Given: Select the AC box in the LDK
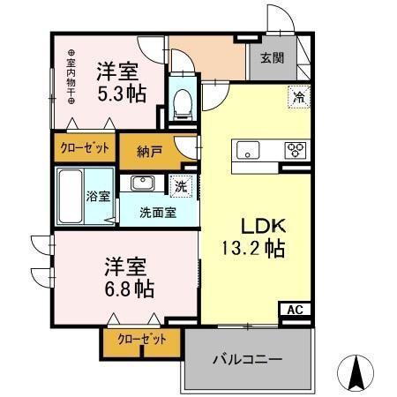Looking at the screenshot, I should tap(294, 310).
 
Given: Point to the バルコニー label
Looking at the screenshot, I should tap(246, 360).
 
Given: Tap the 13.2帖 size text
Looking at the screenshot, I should tap(251, 249).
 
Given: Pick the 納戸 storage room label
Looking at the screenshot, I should tap(151, 152).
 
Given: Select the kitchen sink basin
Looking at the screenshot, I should tap(245, 148).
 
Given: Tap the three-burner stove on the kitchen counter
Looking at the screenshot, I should tap(295, 149).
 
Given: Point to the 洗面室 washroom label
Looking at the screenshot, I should tap(159, 212).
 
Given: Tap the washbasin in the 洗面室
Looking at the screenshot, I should tap(142, 184).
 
